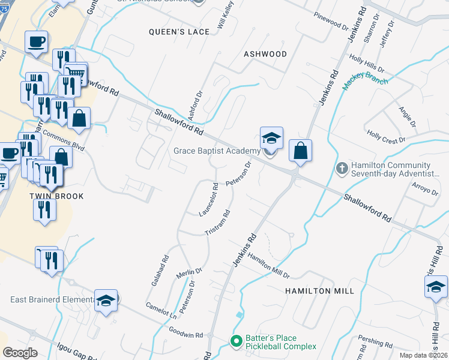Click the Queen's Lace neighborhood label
pos(180,32)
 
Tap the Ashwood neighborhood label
pos(265,54)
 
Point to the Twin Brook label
pos(56,196)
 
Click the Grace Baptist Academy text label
pos(217,151)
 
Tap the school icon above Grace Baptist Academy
pos(271,138)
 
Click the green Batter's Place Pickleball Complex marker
pos(236,342)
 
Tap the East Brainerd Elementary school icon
pos(106,299)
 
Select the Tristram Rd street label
pos(218,223)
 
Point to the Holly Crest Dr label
pos(387,139)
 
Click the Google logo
pos(20,353)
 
